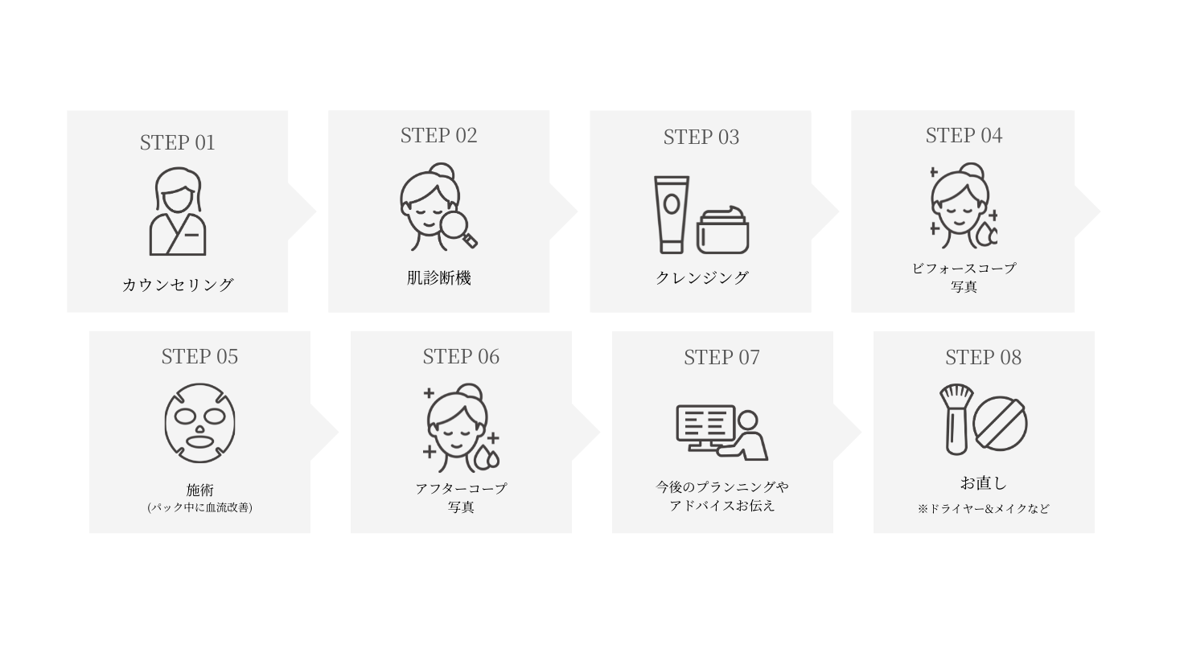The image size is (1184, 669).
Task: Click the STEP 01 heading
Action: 177,142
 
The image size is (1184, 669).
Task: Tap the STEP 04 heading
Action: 964,135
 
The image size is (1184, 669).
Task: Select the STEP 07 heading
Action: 721,357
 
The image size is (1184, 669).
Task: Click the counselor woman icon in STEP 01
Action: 178,211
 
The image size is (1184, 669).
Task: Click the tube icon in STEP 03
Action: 672,215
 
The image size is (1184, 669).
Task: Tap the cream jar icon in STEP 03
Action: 722,230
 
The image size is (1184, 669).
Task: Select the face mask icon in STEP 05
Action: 199,423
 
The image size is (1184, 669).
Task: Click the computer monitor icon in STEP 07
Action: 705,427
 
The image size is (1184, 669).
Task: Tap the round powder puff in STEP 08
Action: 1000,423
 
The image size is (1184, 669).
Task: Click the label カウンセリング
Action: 178,285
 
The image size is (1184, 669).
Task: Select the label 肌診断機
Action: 438,278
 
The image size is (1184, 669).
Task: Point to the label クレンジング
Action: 702,277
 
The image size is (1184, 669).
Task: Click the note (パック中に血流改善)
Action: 199,507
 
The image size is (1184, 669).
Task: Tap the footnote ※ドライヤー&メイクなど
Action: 984,508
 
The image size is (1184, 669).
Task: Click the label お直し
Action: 984,483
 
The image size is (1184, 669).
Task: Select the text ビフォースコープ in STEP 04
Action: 964,269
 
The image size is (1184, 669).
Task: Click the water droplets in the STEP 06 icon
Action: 486,458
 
